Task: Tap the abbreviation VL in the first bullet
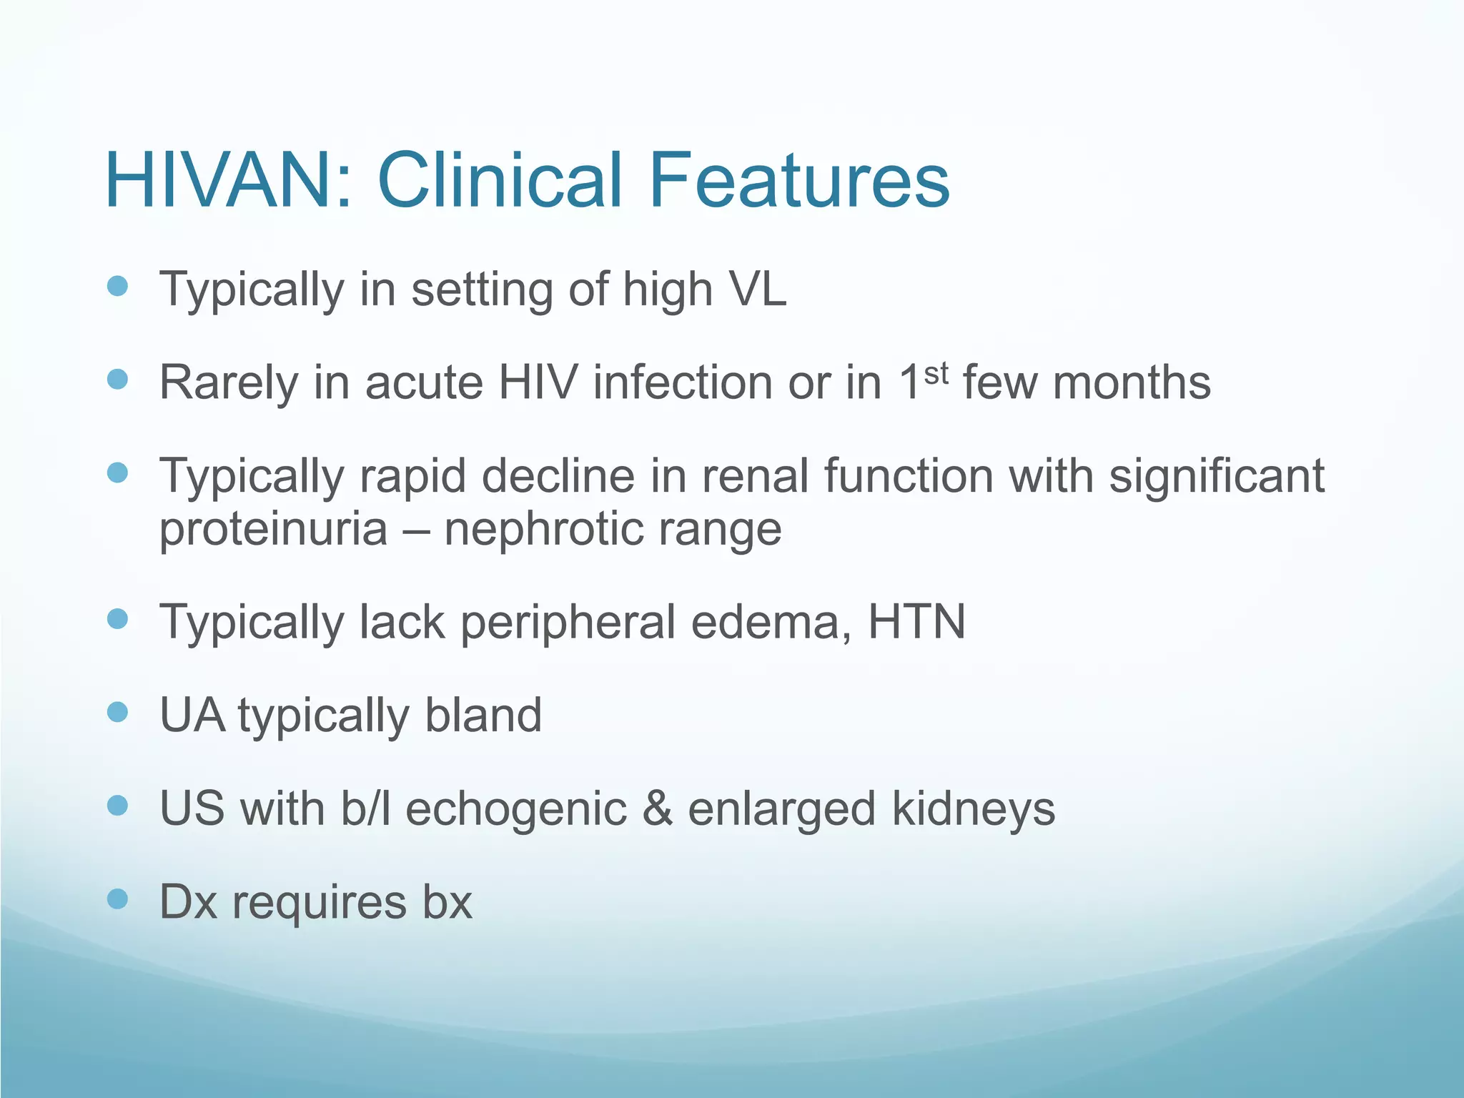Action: [756, 289]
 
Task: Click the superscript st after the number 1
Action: [936, 373]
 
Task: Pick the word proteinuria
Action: [273, 530]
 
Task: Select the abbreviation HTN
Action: [916, 621]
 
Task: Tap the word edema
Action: [771, 621]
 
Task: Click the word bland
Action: [483, 715]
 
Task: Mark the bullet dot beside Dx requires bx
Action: [117, 898]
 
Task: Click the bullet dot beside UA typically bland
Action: [117, 711]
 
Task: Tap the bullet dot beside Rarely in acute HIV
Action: [117, 379]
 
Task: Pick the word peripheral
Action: [568, 623]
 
